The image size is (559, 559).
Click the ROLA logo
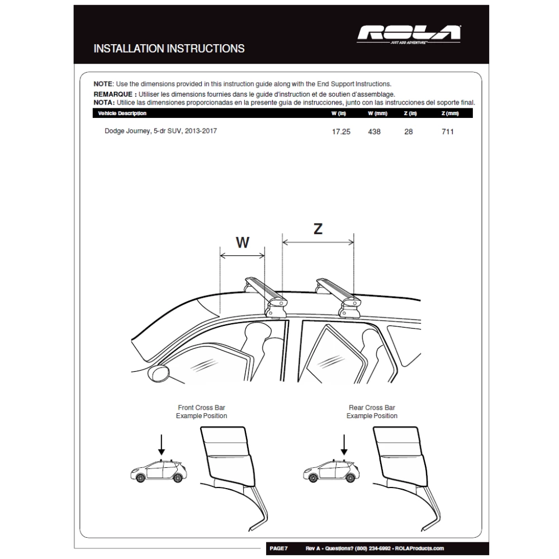click(x=410, y=35)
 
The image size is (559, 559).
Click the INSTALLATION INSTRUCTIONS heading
click(x=169, y=49)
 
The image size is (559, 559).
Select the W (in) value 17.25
click(x=341, y=132)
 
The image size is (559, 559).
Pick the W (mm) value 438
click(x=375, y=132)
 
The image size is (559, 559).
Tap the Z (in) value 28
click(x=409, y=132)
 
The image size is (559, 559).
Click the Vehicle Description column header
click(x=122, y=113)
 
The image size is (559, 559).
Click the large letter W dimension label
click(x=242, y=242)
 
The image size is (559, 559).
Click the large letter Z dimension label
click(x=318, y=229)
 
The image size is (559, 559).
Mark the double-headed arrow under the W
click(x=243, y=256)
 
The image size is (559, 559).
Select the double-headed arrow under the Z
click(x=318, y=242)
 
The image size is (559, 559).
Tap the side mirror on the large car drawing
click(x=159, y=372)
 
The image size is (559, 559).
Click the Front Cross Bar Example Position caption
click(x=201, y=412)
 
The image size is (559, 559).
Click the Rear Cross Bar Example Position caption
click(x=372, y=412)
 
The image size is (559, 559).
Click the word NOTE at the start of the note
click(x=103, y=83)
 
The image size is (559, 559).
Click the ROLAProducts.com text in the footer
click(x=419, y=548)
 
